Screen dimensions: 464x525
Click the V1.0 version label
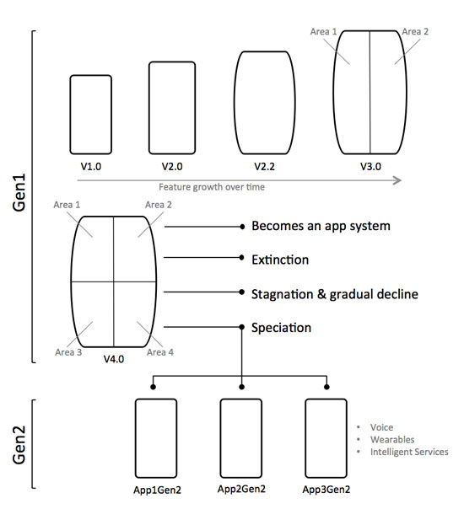(x=91, y=166)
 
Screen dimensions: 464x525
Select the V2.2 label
(x=265, y=166)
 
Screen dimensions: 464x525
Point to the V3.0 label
(x=370, y=166)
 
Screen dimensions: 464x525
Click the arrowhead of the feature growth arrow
(x=397, y=180)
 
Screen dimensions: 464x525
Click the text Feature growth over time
(x=212, y=187)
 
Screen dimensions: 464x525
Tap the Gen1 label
(x=19, y=192)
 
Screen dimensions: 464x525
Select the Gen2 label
(x=19, y=445)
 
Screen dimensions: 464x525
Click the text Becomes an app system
(x=321, y=226)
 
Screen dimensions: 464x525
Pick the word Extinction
(x=280, y=260)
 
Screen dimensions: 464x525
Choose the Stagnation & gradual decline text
(x=335, y=294)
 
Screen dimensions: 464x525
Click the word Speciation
(x=281, y=328)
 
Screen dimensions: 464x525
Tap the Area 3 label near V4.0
(x=68, y=352)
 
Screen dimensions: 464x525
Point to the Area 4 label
(x=160, y=352)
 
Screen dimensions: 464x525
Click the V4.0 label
(x=114, y=359)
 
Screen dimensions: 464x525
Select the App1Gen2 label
(x=157, y=490)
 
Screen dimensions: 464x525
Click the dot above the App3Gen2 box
(x=326, y=387)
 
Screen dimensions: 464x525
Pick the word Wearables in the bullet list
(x=392, y=440)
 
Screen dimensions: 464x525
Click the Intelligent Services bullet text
(x=409, y=452)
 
